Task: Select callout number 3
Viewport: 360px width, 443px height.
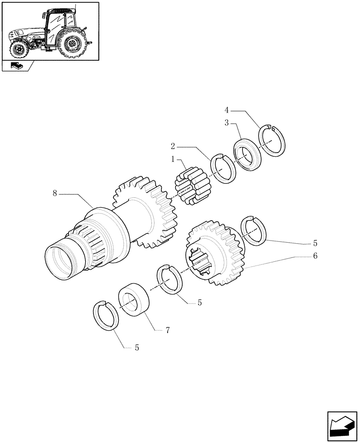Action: [x=227, y=123]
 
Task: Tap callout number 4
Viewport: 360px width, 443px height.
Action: [x=226, y=109]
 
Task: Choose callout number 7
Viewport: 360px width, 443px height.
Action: [x=168, y=330]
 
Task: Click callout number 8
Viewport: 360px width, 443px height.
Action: [x=55, y=194]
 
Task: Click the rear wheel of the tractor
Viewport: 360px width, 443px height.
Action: [x=71, y=44]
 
